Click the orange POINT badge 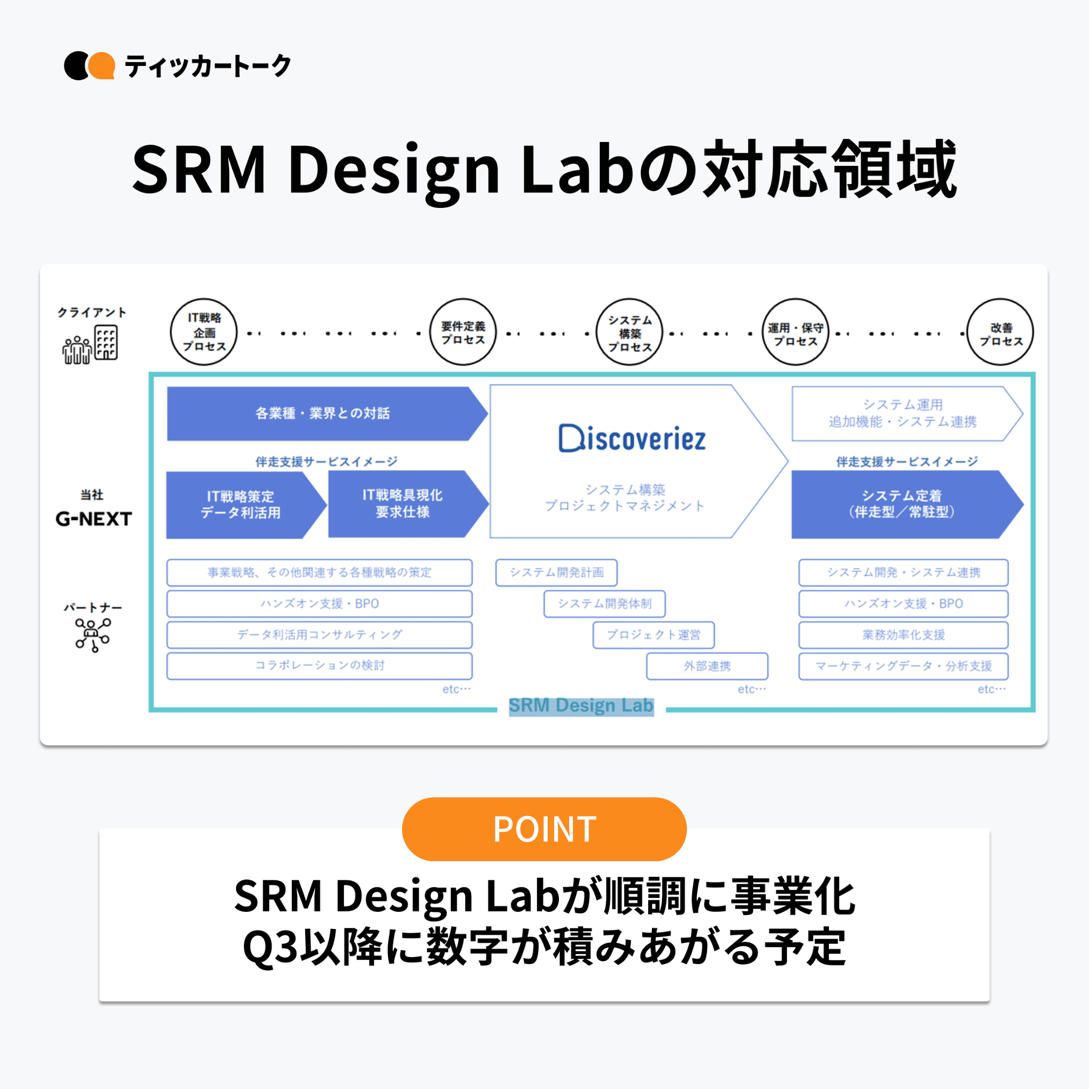(x=544, y=828)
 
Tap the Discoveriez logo (x=632, y=439)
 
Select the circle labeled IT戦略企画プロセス (x=204, y=332)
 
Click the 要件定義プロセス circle (x=463, y=332)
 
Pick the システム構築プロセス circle (x=629, y=332)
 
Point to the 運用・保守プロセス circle (x=795, y=332)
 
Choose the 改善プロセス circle (x=1000, y=332)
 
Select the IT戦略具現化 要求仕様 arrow (x=403, y=504)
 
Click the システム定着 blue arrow (x=901, y=504)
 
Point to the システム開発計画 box (x=556, y=573)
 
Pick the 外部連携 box (x=707, y=666)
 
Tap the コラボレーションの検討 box (x=319, y=666)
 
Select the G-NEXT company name (x=94, y=518)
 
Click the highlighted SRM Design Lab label (x=581, y=706)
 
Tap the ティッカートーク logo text (x=207, y=66)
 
